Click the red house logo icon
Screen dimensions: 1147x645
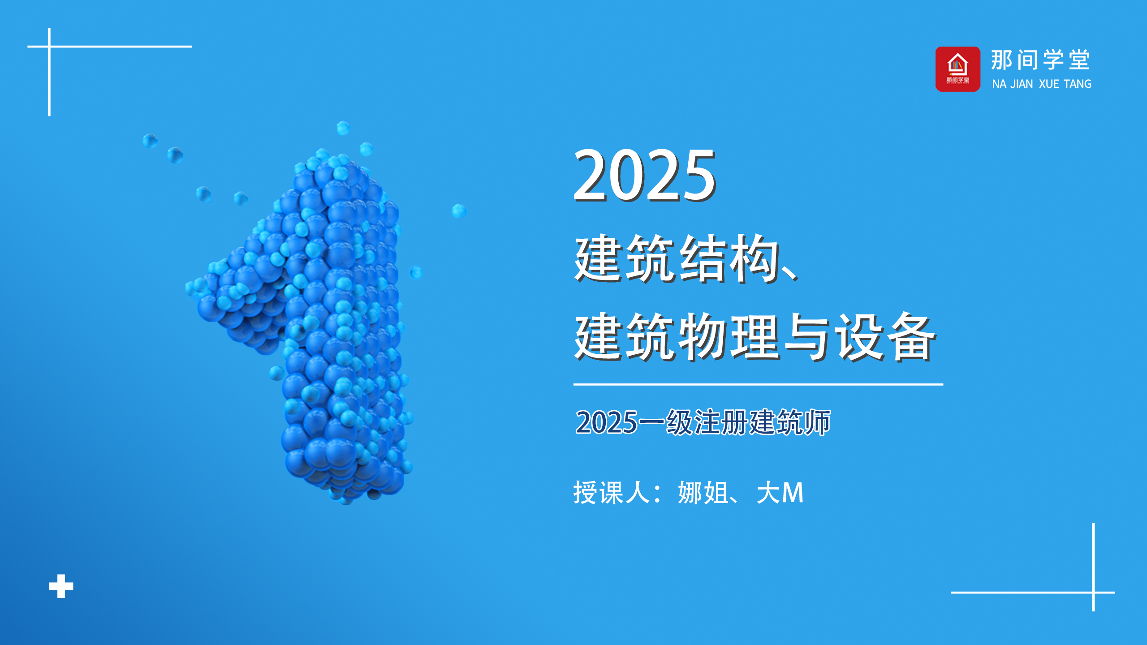pos(957,69)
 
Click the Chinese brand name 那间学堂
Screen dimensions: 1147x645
pos(1040,60)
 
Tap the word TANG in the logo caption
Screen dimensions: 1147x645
pos(1078,84)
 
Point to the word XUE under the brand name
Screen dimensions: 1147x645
pos(1049,84)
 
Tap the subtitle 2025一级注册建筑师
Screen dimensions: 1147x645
pos(703,422)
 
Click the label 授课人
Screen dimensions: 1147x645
pos(612,493)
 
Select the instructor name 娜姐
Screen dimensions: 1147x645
pos(703,493)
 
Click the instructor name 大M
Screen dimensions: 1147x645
pos(780,493)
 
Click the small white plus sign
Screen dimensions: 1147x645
pos(61,586)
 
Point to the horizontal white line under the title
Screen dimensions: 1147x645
pos(758,384)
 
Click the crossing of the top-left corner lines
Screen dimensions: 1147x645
pos(49,46)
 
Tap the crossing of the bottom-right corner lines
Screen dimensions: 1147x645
pos(1093,592)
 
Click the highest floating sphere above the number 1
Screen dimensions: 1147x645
pos(343,128)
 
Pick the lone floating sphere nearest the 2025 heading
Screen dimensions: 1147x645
pos(459,211)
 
